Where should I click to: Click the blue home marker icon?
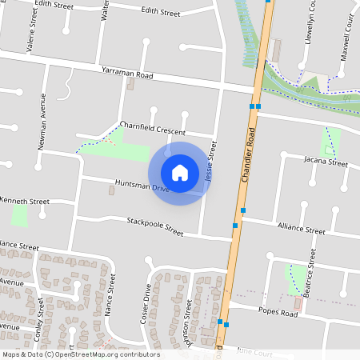point(180,172)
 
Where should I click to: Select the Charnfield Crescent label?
point(153,128)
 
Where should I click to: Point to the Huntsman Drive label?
point(142,187)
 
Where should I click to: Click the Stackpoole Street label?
point(155,226)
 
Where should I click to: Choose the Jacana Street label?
point(326,162)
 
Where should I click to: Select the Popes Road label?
point(278,313)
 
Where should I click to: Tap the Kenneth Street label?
point(25,200)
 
